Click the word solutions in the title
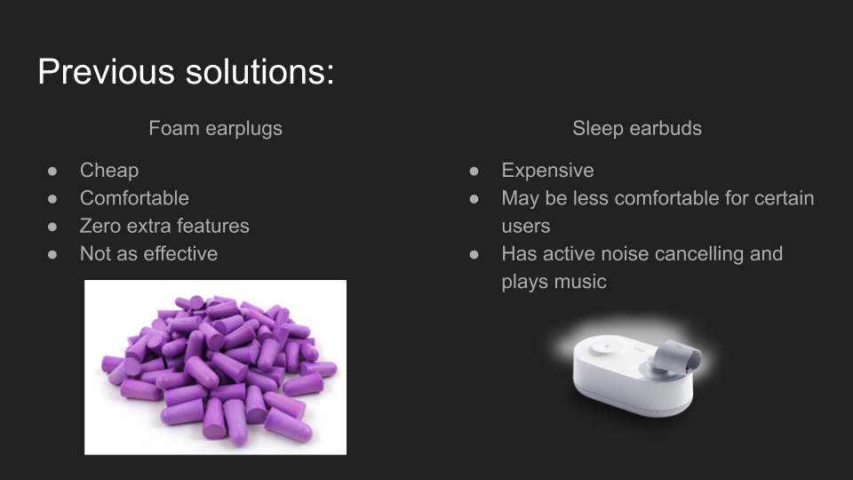pyautogui.click(x=259, y=71)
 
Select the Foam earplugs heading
pyautogui.click(x=215, y=129)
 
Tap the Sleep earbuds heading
pyautogui.click(x=637, y=129)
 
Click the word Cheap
pyautogui.click(x=109, y=171)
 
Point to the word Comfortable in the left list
pyautogui.click(x=134, y=198)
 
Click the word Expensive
pyautogui.click(x=548, y=171)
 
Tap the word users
pyautogui.click(x=526, y=227)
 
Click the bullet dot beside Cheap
pyautogui.click(x=52, y=172)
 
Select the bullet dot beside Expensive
pyautogui.click(x=474, y=172)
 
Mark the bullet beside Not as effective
pyautogui.click(x=52, y=255)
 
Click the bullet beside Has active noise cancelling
pyautogui.click(x=474, y=255)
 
